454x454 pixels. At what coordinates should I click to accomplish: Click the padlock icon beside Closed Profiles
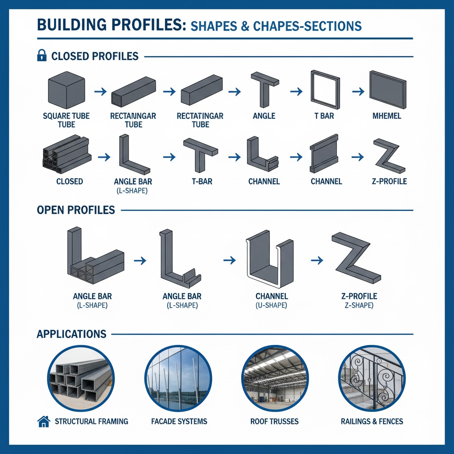42,55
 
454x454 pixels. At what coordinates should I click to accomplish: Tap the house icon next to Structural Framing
44,421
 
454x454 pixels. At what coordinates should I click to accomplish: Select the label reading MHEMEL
387,116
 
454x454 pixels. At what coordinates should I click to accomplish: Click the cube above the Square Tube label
67,90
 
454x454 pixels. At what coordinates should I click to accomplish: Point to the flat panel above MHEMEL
387,90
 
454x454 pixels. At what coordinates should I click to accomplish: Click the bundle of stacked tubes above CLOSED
67,154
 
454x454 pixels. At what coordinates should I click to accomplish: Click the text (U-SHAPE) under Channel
271,305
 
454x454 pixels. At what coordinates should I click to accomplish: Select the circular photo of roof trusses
275,379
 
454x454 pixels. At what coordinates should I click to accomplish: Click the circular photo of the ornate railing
372,379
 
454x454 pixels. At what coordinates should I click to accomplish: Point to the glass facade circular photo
178,379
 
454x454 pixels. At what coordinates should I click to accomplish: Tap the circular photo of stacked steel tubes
81,379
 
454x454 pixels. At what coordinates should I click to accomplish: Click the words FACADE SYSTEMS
179,421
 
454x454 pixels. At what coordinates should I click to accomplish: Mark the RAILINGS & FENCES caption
372,421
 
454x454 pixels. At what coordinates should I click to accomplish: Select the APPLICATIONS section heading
71,334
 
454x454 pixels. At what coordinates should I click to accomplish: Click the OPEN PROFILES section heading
76,210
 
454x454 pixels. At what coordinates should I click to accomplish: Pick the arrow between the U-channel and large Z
317,260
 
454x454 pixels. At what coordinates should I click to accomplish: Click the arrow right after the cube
101,92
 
